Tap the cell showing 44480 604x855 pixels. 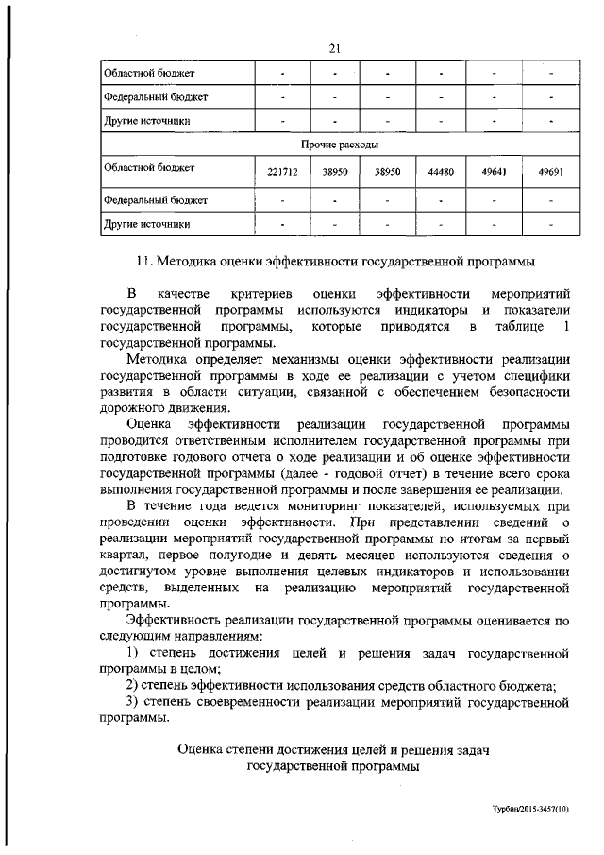click(441, 173)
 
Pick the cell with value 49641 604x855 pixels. click(493, 173)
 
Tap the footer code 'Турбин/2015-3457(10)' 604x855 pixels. click(530, 811)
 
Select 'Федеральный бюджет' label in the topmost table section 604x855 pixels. click(156, 96)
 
